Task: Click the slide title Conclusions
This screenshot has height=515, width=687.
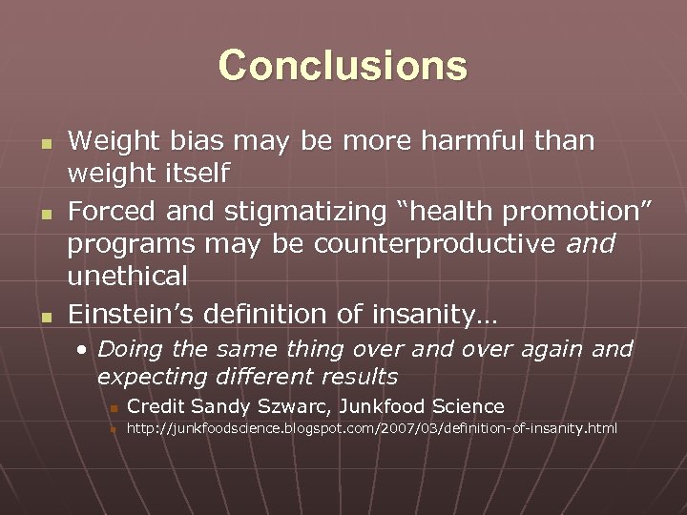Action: pos(343,66)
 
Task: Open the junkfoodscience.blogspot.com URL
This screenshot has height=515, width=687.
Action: pos(372,429)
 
